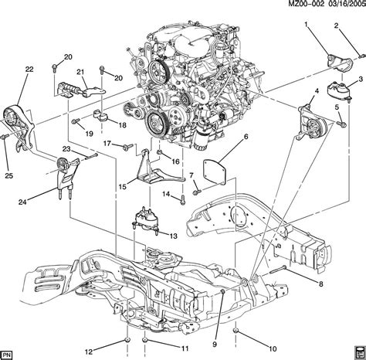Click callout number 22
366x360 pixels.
pos(29,70)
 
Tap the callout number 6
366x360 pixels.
pos(246,137)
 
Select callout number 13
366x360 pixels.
pos(174,236)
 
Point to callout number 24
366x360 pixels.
pos(22,202)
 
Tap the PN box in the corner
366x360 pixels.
pos(7,354)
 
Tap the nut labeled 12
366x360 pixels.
pos(127,340)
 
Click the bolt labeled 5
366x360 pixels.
pos(342,124)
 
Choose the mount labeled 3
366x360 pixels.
pos(339,91)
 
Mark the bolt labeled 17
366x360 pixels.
pos(128,147)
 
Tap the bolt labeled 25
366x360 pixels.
pos(5,137)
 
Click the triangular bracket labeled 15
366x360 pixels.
pos(149,168)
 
